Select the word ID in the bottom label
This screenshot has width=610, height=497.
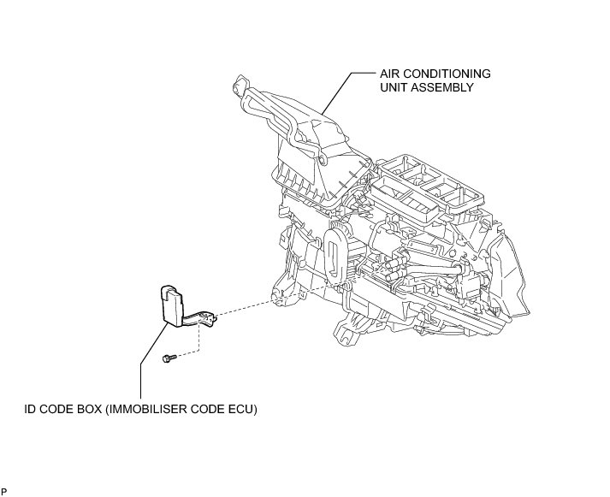pyautogui.click(x=29, y=409)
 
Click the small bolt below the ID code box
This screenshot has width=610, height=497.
pyautogui.click(x=169, y=359)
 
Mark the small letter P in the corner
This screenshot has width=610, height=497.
pyautogui.click(x=4, y=491)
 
